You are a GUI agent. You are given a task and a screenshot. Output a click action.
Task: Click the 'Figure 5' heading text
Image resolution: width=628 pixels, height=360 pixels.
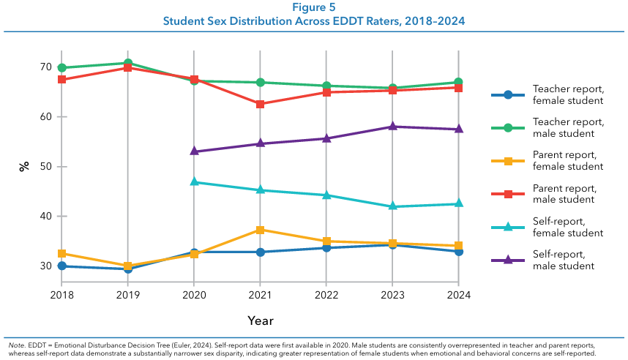313,7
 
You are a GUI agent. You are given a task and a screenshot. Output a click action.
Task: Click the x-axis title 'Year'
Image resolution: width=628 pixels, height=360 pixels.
260,320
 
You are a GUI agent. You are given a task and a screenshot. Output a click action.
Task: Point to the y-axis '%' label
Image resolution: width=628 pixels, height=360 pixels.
24,166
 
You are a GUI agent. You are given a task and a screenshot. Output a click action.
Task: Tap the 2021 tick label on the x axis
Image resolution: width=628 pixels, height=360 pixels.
260,294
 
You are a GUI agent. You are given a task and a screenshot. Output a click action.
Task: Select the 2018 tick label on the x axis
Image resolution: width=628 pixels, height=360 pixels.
62,294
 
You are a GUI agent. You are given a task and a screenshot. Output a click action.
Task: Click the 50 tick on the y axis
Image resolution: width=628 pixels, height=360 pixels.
45,167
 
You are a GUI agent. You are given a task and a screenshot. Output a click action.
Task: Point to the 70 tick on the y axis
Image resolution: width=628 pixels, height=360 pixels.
45,67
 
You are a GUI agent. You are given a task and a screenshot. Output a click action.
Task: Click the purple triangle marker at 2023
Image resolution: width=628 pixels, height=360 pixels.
392,127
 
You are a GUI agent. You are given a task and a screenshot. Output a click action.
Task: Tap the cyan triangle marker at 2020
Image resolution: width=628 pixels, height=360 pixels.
194,181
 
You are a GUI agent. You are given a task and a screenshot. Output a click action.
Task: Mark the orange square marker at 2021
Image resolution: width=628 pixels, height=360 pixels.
260,230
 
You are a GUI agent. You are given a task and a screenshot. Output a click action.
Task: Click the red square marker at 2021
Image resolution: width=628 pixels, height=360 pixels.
260,104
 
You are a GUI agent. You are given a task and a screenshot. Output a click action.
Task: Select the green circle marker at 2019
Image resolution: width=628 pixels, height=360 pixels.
128,64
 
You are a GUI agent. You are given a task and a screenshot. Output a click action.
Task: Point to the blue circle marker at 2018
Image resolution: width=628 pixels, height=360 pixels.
62,266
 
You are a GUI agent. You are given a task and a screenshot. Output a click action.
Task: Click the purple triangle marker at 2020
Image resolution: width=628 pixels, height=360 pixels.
194,151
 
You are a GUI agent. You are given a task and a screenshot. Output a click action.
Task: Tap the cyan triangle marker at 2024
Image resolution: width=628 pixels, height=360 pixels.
458,203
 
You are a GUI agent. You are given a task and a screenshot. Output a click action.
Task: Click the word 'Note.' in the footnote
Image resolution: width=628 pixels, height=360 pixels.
16,344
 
